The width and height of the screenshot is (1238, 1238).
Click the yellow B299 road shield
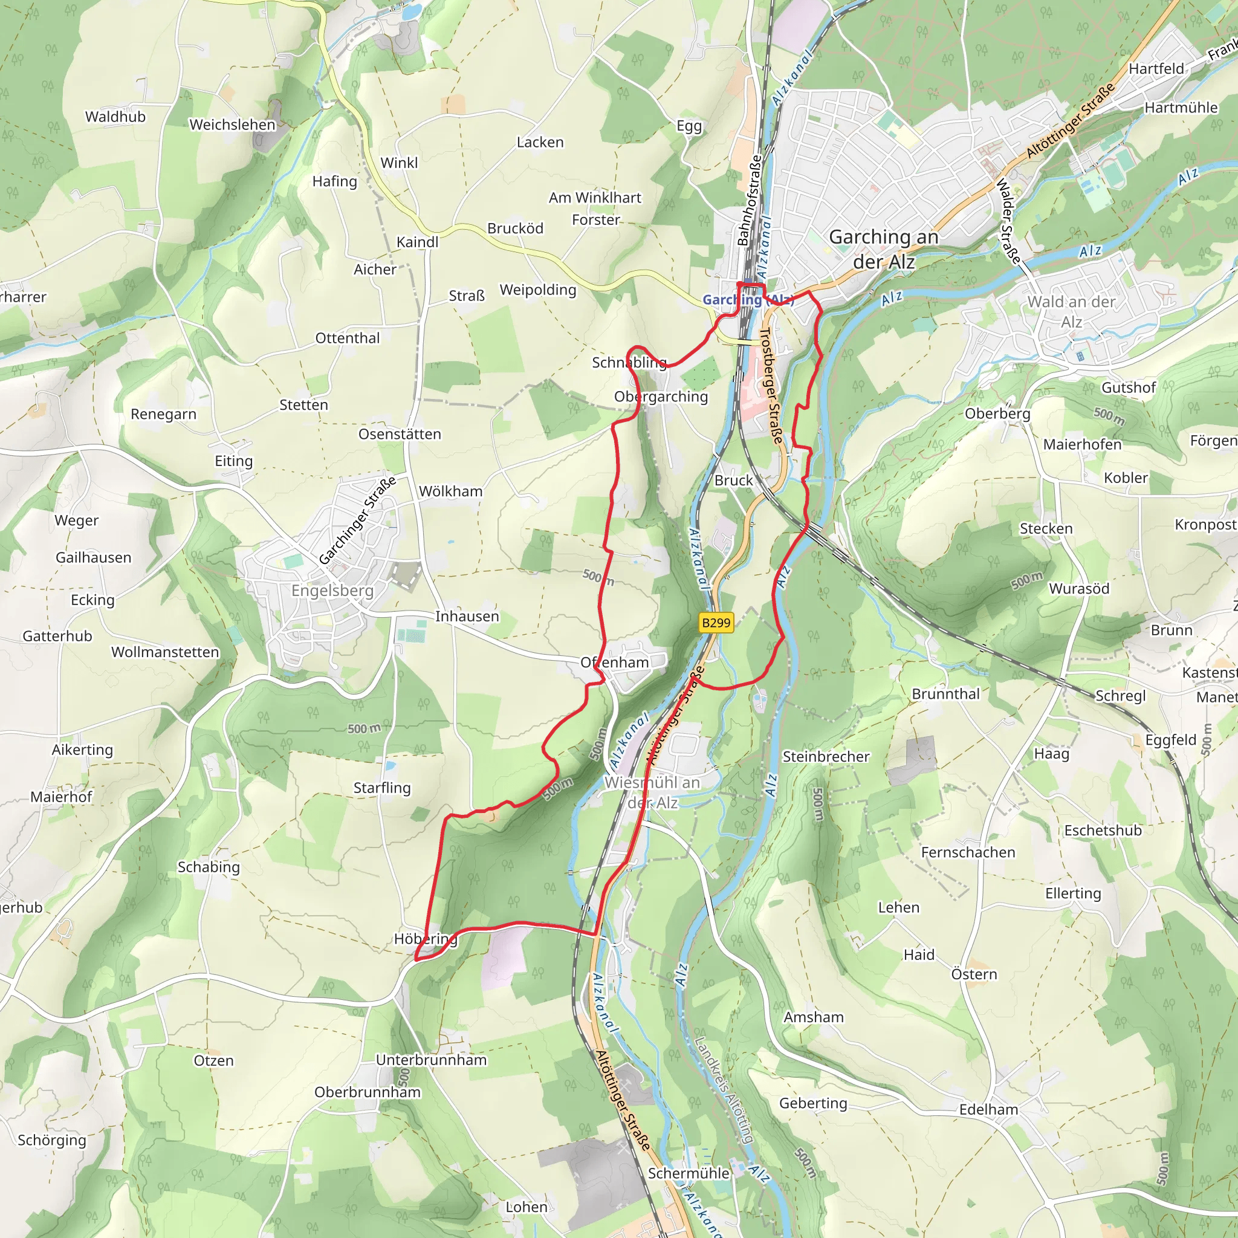(716, 622)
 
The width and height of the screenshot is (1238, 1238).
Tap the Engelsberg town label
(332, 590)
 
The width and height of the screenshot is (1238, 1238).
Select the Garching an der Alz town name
(884, 248)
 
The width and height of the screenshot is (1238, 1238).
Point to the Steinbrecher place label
(826, 756)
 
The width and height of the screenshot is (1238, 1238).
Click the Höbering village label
(426, 939)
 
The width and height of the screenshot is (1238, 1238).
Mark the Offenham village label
(615, 662)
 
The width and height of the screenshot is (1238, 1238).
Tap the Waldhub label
(115, 117)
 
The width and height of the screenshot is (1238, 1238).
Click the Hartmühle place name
(1181, 108)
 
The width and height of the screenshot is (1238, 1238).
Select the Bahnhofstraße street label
(748, 200)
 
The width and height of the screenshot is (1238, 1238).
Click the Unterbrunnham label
(430, 1060)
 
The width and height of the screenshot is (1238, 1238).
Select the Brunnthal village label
(945, 694)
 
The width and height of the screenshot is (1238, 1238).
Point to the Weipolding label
(537, 290)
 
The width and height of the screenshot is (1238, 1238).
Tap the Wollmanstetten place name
(164, 652)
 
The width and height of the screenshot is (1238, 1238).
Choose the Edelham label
(988, 1109)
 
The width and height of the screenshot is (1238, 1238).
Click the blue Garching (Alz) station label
(747, 299)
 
